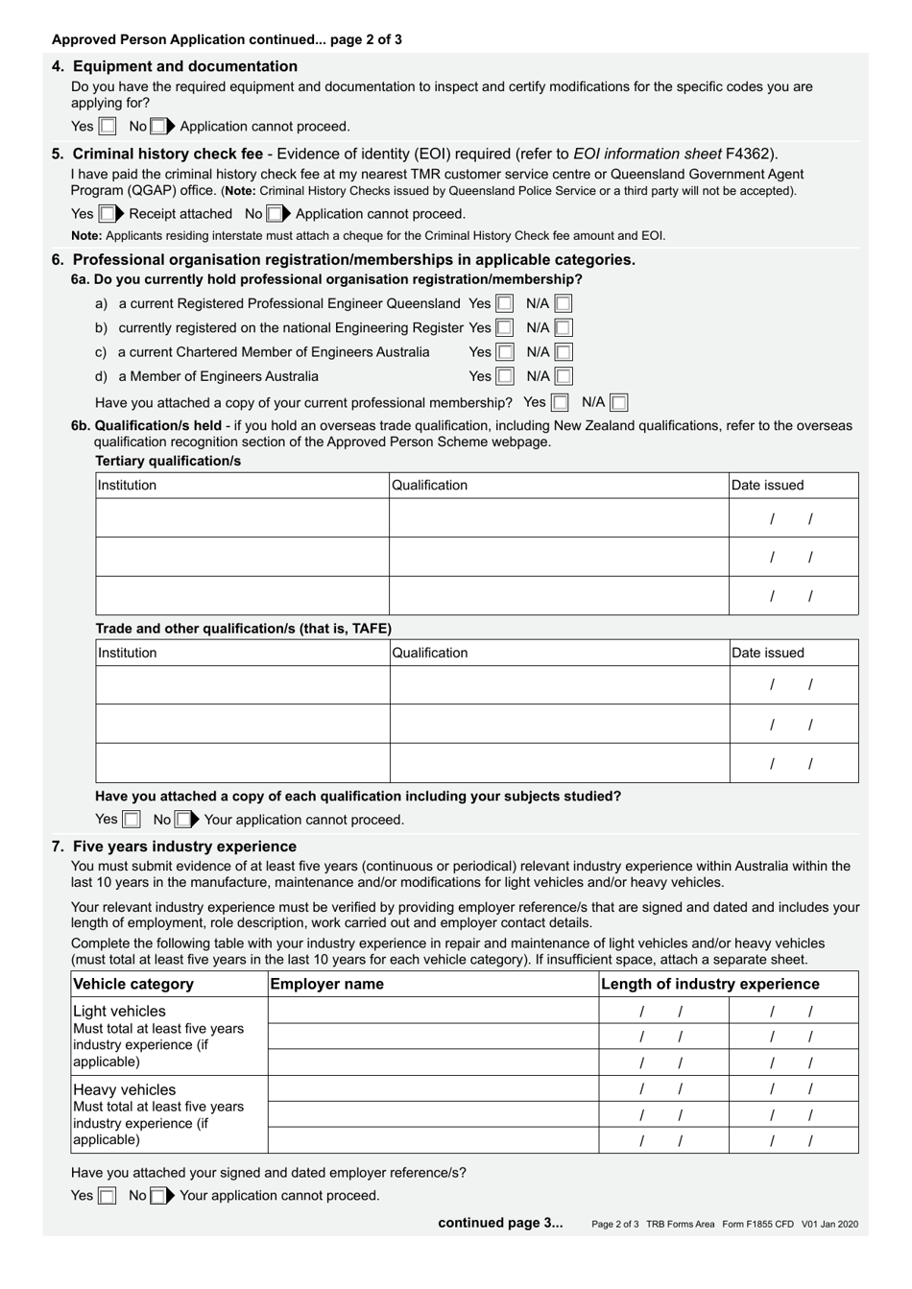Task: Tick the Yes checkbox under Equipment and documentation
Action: point(108,127)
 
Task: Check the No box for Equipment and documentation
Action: point(157,127)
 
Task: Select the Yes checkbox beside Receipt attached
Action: point(108,214)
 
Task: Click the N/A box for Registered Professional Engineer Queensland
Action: point(563,304)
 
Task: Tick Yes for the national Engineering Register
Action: point(504,328)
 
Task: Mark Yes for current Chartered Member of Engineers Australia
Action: point(504,352)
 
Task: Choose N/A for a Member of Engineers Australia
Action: point(563,377)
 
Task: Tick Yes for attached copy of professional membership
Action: point(559,403)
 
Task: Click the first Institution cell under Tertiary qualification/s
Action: point(242,518)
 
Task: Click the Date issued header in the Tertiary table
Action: point(767,486)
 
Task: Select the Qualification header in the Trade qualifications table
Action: point(430,654)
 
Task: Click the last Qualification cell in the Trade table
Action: point(559,763)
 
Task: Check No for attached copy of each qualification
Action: point(182,821)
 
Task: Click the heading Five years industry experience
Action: point(184,847)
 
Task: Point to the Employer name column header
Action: point(327,984)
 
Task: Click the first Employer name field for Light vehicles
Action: point(432,1011)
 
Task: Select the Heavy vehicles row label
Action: point(125,1090)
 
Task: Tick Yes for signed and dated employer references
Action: point(108,1196)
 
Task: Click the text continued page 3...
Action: point(500,1223)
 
